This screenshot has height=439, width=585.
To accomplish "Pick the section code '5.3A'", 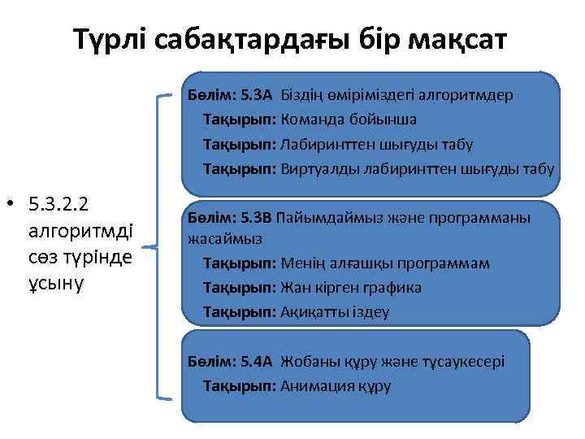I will click(x=258, y=94).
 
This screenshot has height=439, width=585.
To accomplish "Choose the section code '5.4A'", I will click(x=258, y=362).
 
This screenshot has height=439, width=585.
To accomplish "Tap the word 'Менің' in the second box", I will click(x=301, y=263).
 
